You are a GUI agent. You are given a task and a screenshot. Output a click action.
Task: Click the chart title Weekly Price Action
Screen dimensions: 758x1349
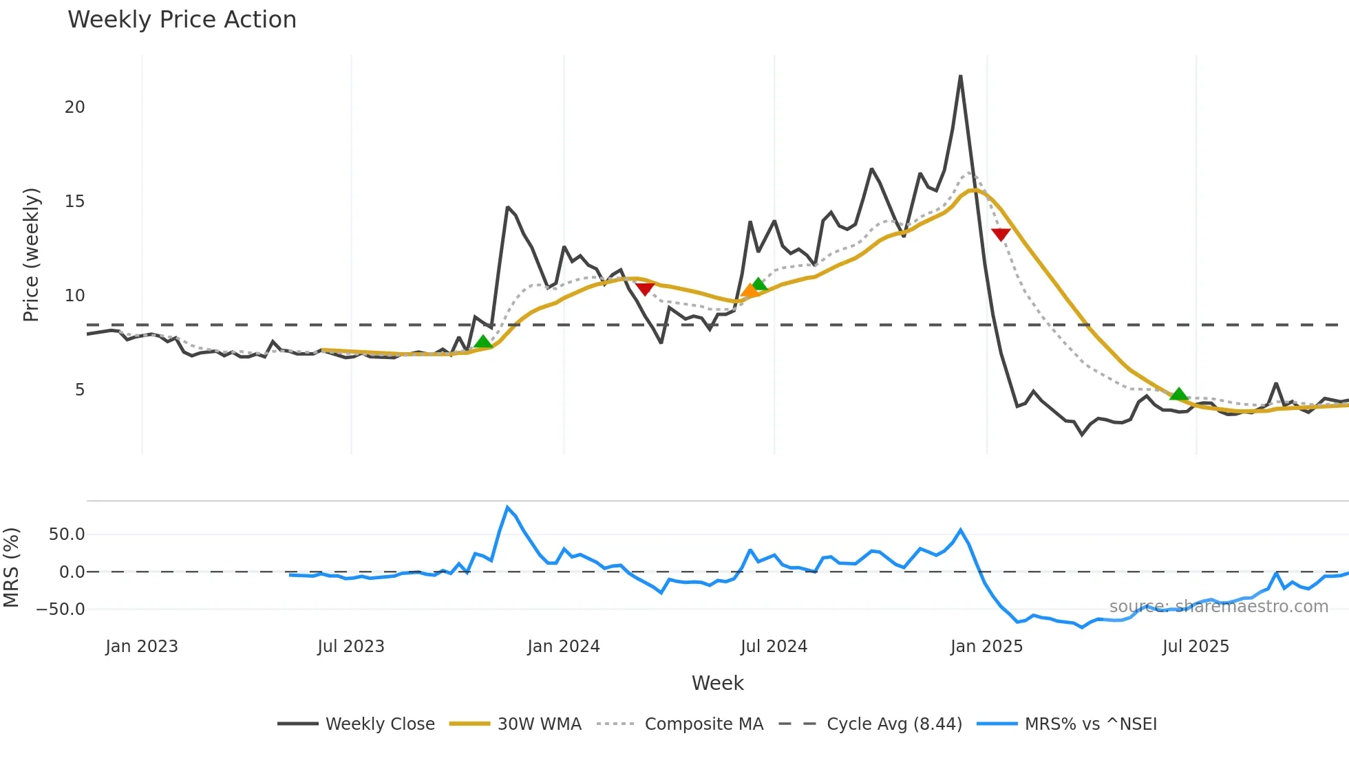(x=182, y=20)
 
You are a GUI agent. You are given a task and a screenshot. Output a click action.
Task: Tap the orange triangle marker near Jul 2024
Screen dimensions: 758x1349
(x=750, y=291)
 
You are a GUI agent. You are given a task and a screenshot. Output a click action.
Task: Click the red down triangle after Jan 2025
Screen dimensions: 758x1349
(x=1001, y=235)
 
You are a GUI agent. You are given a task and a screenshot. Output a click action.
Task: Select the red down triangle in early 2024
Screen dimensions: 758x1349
(x=644, y=289)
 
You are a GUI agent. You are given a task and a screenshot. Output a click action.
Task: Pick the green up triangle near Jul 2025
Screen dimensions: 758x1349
(x=1178, y=394)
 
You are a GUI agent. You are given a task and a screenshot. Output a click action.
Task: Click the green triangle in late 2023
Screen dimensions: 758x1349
(x=483, y=342)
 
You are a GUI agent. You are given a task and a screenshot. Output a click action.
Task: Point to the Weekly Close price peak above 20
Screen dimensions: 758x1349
(x=960, y=77)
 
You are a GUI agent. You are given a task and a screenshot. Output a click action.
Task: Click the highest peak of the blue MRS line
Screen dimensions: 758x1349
(x=507, y=508)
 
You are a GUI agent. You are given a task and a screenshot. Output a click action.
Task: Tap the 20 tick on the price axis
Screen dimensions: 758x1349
(x=75, y=107)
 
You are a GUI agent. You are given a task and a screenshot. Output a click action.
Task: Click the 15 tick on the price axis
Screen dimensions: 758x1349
(x=75, y=202)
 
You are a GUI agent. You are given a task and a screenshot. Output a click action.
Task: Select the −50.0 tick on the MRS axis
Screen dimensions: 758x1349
(x=61, y=609)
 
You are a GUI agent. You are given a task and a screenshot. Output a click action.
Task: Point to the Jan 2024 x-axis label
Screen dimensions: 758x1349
(x=563, y=647)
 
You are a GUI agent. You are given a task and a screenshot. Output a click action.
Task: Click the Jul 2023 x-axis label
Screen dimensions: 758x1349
(x=351, y=647)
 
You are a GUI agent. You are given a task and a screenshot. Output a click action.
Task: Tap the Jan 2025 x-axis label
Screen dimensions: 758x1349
(x=986, y=647)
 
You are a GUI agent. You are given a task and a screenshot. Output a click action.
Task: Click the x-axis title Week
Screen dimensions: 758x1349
(x=717, y=683)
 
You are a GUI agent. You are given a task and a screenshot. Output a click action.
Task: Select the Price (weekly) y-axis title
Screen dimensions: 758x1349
(x=31, y=255)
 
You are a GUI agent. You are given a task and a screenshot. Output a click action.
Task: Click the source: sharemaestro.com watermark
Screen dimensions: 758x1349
(x=1218, y=607)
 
